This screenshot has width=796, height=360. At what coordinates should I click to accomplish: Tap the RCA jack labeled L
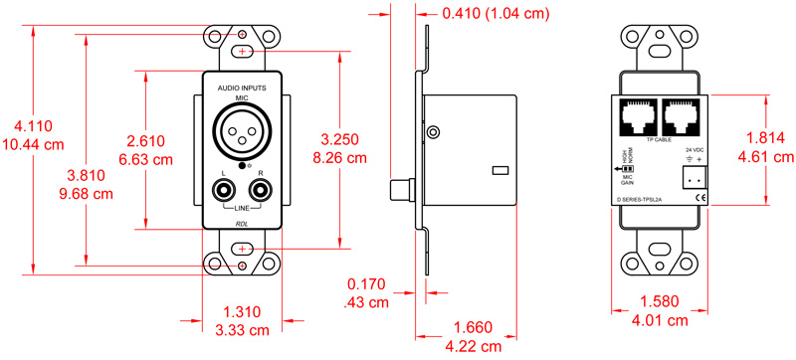pos(222,186)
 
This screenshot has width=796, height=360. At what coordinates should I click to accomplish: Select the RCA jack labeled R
pos(262,186)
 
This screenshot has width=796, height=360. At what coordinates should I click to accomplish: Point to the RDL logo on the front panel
pos(242,223)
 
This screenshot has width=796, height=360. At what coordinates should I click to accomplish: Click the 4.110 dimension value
pos(33,126)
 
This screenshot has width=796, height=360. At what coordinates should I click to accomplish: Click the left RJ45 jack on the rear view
pos(638,118)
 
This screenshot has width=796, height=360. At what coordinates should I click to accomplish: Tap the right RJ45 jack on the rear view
pos(683,118)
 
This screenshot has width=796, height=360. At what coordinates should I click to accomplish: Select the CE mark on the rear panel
pos(699,198)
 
